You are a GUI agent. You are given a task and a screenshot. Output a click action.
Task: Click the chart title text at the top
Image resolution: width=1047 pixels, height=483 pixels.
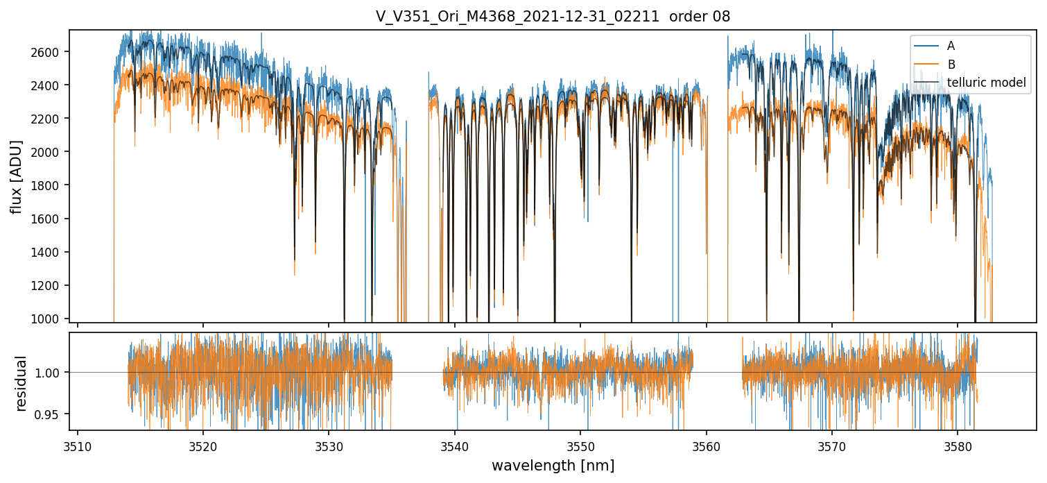click(x=553, y=17)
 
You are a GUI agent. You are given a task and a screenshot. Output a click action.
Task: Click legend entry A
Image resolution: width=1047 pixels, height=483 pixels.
click(x=951, y=46)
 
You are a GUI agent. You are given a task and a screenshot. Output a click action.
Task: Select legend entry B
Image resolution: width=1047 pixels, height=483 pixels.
click(x=951, y=65)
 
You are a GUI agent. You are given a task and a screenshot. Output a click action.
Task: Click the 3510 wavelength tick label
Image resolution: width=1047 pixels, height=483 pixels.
click(x=78, y=445)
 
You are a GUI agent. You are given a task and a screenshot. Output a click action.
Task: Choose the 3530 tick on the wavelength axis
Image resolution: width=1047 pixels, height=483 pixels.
click(x=329, y=445)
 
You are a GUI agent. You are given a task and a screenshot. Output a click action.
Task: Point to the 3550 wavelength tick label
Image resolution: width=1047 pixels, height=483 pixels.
click(x=580, y=445)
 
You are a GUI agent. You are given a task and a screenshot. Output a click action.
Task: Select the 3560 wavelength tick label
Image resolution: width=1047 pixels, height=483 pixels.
click(x=707, y=445)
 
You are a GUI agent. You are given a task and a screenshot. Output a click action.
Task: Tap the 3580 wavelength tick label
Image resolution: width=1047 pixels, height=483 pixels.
click(x=958, y=445)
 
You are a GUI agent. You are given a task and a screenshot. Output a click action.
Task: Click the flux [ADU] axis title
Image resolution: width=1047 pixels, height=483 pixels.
click(x=16, y=176)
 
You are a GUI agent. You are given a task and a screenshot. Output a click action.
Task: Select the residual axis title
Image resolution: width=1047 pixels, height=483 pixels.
click(x=21, y=383)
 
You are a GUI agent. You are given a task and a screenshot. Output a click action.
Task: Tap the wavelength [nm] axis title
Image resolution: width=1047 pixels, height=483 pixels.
click(x=553, y=466)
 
